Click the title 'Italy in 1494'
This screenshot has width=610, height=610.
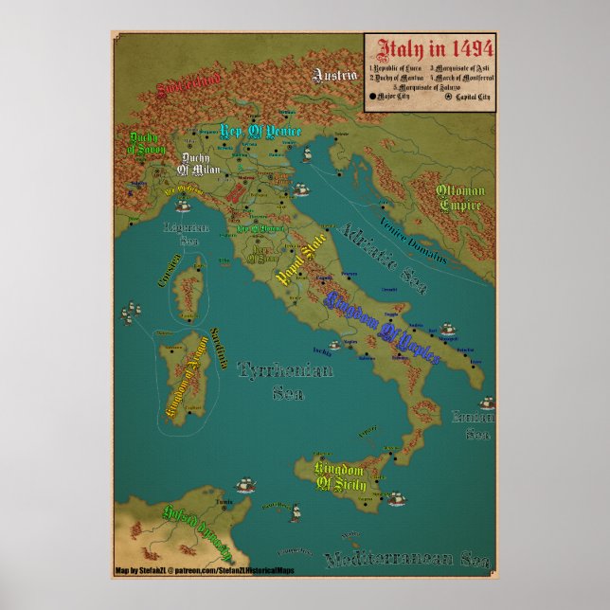tap(430, 49)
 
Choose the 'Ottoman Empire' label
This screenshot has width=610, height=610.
tap(459, 198)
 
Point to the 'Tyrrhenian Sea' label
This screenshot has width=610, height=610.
tap(285, 381)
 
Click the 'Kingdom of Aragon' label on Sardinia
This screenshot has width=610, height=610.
tap(185, 386)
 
